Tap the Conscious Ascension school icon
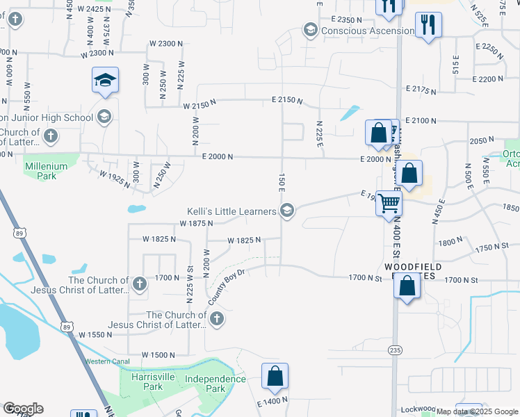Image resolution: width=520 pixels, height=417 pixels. click(310, 31)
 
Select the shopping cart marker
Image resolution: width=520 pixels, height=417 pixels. click(389, 204)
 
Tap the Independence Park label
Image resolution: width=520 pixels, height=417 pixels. click(216, 384)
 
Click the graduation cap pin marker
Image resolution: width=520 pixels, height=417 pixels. click(105, 81)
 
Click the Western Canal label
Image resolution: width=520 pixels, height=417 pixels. click(106, 361)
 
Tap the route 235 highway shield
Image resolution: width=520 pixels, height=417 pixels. click(395, 350)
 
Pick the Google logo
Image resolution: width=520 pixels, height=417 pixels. click(23, 409)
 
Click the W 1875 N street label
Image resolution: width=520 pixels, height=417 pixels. click(195, 223)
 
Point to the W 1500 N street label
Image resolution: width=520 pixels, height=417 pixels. click(159, 354)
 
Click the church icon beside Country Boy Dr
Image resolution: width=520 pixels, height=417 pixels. click(217, 319)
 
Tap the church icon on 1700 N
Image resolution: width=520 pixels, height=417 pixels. click(140, 283)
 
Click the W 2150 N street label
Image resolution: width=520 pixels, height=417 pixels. click(200, 106)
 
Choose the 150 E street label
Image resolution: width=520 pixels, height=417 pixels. click(282, 184)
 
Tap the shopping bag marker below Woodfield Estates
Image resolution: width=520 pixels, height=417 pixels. click(407, 286)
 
